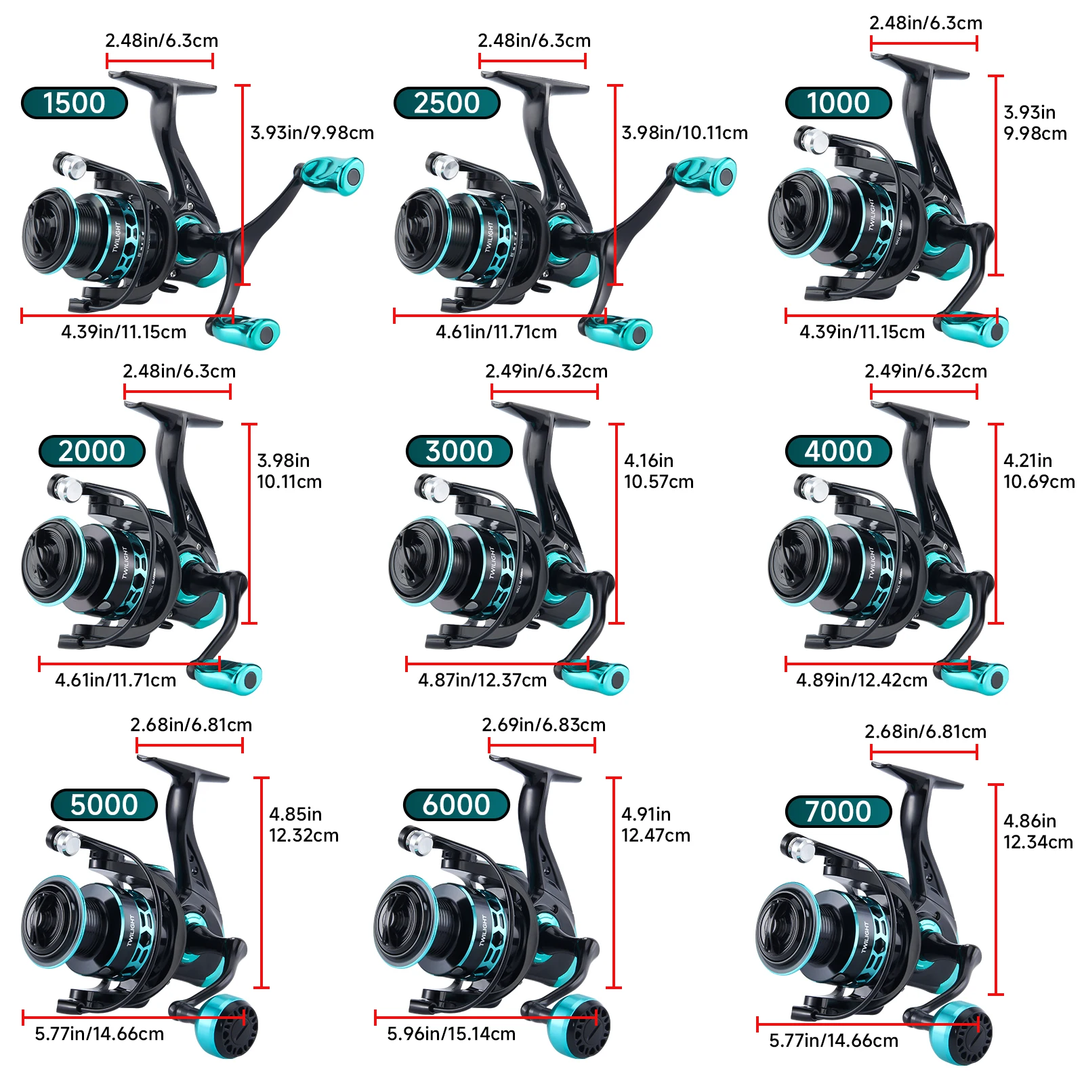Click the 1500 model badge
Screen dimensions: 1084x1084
click(75, 103)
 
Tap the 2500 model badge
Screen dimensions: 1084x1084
click(447, 103)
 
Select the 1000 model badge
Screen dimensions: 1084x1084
click(839, 103)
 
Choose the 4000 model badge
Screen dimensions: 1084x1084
click(839, 451)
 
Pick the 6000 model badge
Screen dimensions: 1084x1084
click(457, 805)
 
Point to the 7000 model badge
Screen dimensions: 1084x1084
click(839, 812)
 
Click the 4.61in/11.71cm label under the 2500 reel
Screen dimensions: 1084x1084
click(497, 332)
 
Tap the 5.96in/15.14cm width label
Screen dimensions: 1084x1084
click(451, 1034)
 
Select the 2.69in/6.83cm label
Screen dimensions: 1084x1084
click(544, 725)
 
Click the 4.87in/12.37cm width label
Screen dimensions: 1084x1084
click(482, 680)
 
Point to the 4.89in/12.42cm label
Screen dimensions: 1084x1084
click(862, 680)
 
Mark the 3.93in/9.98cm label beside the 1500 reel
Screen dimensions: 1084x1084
click(312, 133)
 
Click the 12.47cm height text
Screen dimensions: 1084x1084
click(656, 835)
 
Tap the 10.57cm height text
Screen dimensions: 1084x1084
click(659, 482)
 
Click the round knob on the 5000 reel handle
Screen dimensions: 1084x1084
click(226, 1026)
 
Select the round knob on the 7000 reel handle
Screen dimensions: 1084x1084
click(961, 1033)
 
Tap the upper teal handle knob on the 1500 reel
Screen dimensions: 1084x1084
click(333, 173)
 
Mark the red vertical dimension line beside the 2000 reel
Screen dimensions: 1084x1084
click(250, 524)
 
